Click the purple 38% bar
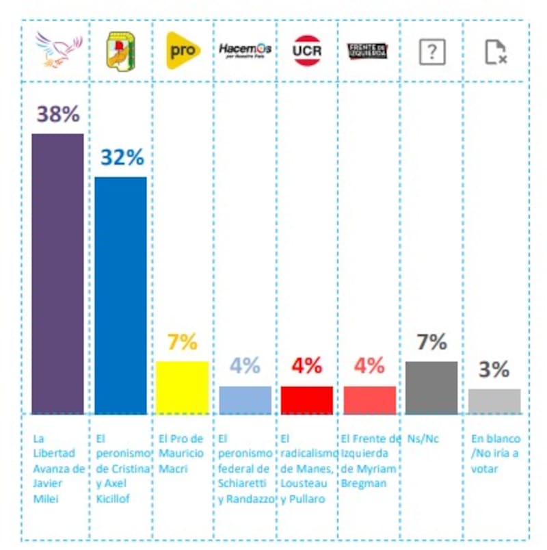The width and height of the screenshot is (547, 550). pyautogui.click(x=58, y=274)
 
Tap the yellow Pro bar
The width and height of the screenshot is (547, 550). pyautogui.click(x=183, y=387)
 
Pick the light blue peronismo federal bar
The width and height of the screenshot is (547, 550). pyautogui.click(x=245, y=400)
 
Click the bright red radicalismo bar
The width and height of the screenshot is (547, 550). pyautogui.click(x=307, y=400)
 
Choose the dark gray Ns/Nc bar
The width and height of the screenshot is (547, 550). pyautogui.click(x=431, y=387)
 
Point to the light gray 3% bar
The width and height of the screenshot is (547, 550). pyautogui.click(x=494, y=402)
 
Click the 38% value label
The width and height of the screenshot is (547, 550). pyautogui.click(x=58, y=114)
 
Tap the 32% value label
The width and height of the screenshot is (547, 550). pyautogui.click(x=122, y=157)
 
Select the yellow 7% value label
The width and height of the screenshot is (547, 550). pyautogui.click(x=183, y=342)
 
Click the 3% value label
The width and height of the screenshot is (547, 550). pyautogui.click(x=494, y=370)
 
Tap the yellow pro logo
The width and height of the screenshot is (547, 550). pyautogui.click(x=183, y=51)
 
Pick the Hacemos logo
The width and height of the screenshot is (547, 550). pyautogui.click(x=245, y=49)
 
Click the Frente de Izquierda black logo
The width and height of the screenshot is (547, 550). pyautogui.click(x=368, y=51)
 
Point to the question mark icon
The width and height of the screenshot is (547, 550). pyautogui.click(x=432, y=51)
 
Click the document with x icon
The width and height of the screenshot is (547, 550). pyautogui.click(x=494, y=52)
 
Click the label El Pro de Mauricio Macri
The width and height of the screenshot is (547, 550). pyautogui.click(x=181, y=454)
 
